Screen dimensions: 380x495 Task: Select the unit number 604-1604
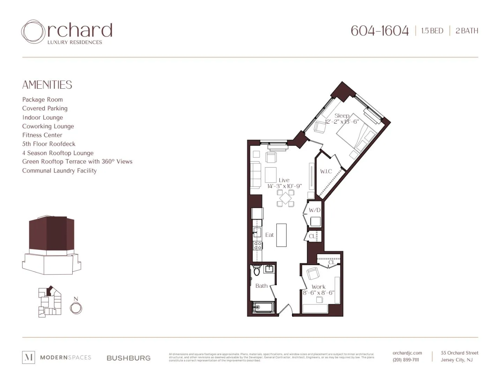point(379,31)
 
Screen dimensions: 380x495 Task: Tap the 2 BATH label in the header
point(467,31)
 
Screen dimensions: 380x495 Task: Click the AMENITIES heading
point(47,85)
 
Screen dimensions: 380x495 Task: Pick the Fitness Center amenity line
point(42,135)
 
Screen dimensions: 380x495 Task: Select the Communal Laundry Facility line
point(59,171)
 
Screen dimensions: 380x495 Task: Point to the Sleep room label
point(342,116)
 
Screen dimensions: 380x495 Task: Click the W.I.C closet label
point(326,171)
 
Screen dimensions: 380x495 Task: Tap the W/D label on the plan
point(315,210)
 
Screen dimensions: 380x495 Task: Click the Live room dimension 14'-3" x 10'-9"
point(285,186)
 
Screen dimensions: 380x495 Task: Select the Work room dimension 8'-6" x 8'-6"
point(318,293)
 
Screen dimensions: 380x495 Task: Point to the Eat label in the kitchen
point(269,235)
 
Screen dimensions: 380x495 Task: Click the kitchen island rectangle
point(281,235)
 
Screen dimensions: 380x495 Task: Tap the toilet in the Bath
point(257,271)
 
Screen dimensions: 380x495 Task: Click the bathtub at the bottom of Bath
point(264,307)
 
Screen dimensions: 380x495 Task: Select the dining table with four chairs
point(286,198)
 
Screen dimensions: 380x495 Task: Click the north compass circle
point(76,308)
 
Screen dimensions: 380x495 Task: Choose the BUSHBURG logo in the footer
point(128,358)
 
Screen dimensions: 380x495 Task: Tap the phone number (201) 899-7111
point(406,360)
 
